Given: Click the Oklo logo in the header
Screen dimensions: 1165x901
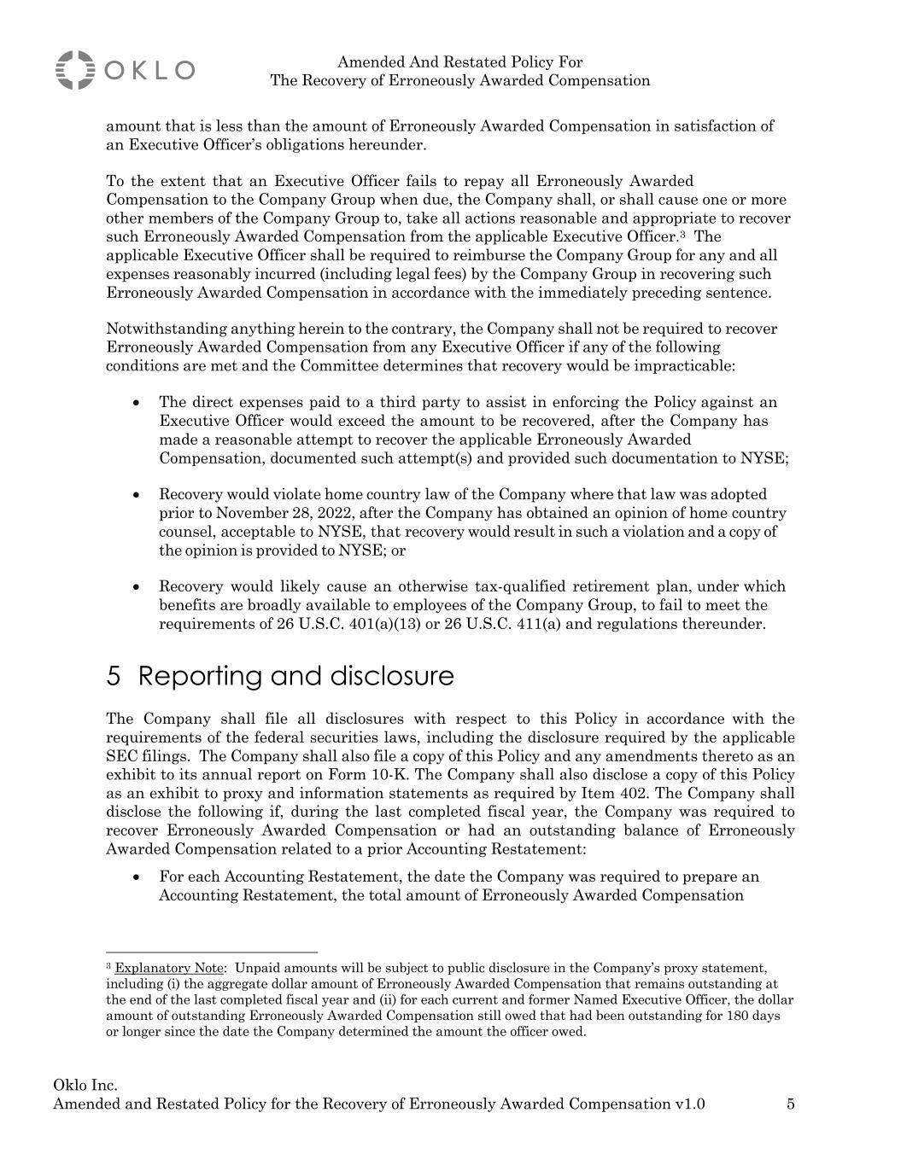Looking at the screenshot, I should [125, 70].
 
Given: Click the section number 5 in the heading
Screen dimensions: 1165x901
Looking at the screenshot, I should [114, 677].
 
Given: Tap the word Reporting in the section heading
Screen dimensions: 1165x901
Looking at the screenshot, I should [201, 677].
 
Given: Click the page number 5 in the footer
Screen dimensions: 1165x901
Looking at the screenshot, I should [791, 1104].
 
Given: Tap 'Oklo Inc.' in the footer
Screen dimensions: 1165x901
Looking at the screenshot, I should [85, 1086].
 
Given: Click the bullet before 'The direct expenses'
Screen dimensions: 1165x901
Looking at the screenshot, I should [137, 402].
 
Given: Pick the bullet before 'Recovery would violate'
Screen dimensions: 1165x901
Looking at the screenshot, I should [137, 494].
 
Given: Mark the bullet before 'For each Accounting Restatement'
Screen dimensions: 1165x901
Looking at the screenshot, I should [137, 877].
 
